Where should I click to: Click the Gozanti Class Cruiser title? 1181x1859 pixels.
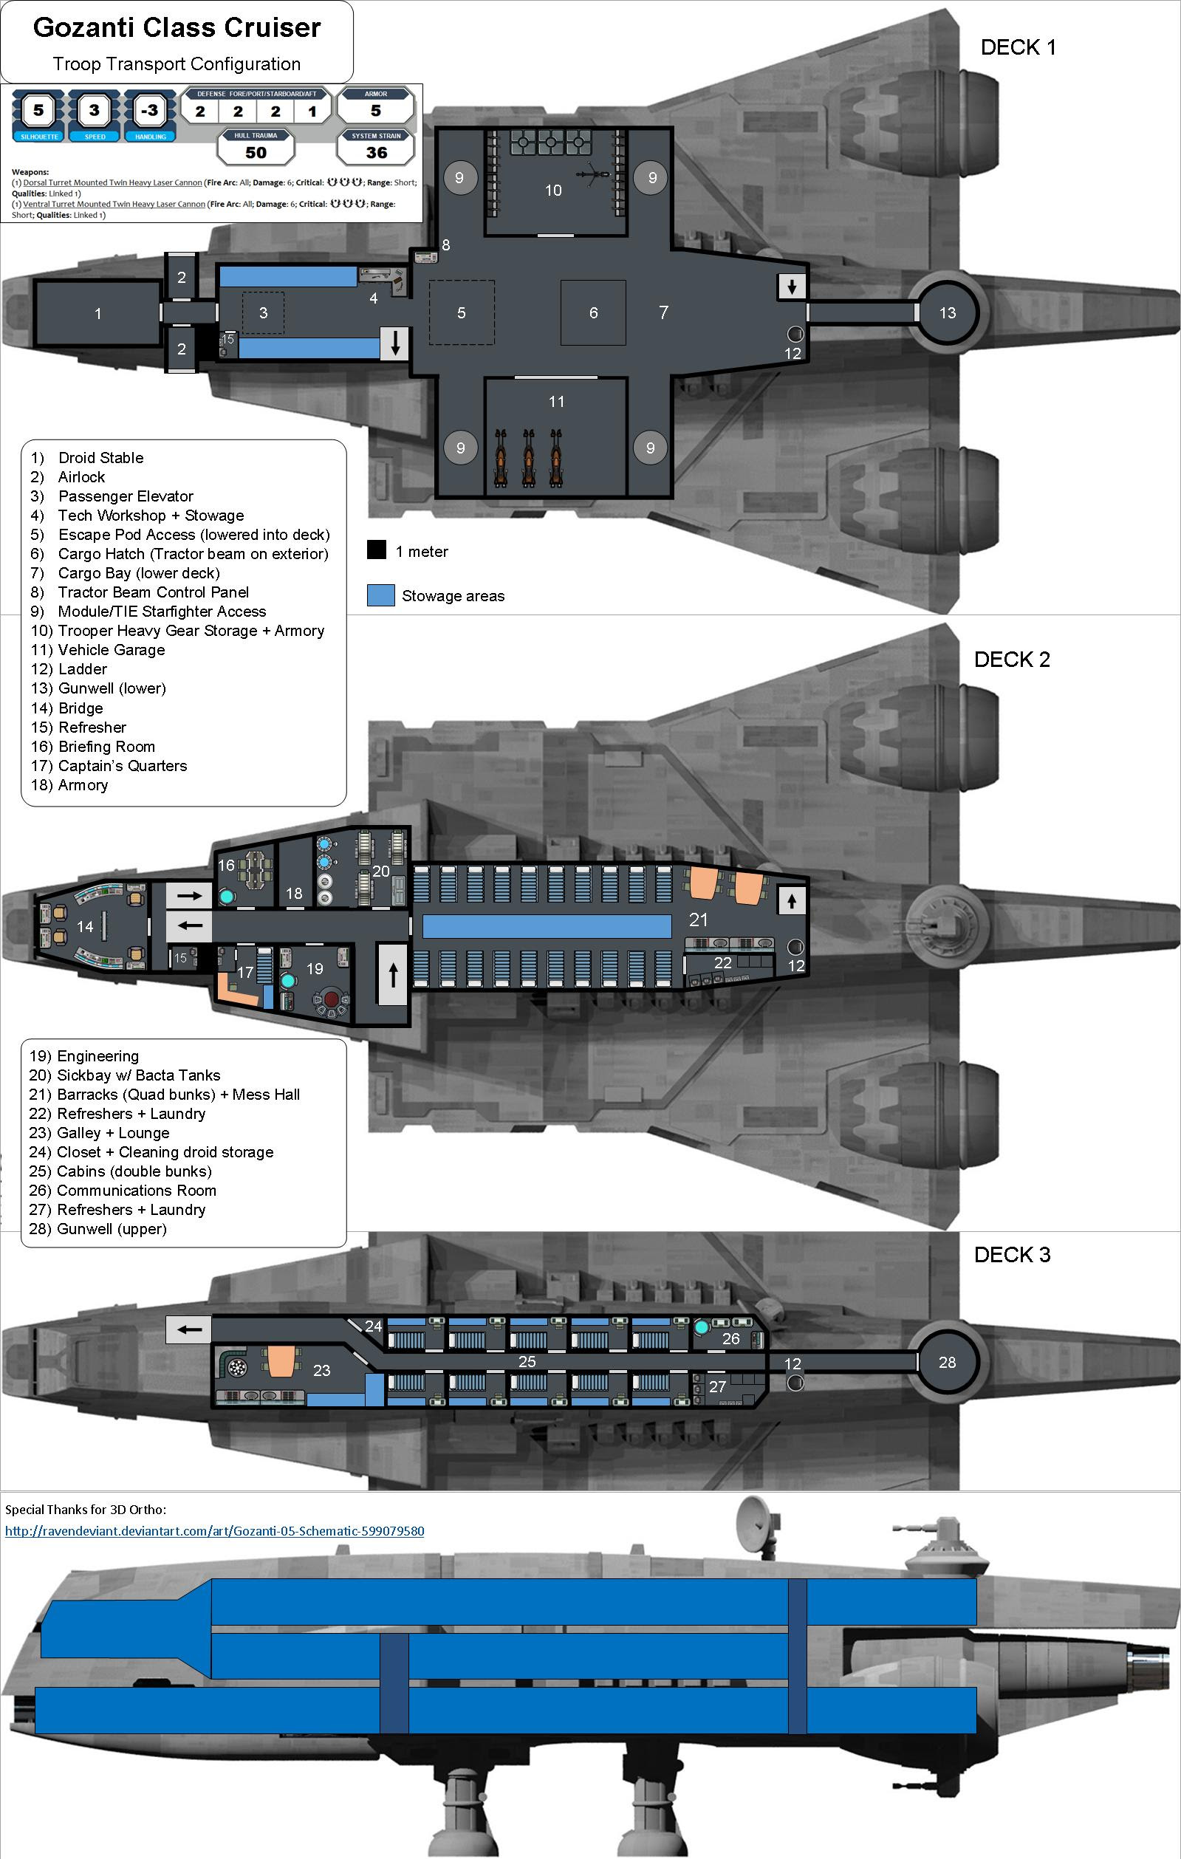pyautogui.click(x=177, y=28)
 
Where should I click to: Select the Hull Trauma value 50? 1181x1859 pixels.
pyautogui.click(x=256, y=152)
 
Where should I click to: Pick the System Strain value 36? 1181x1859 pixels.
pyautogui.click(x=376, y=152)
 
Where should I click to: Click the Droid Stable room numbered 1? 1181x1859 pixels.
pyautogui.click(x=97, y=312)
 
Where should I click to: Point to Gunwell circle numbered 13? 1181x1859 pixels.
pyautogui.click(x=947, y=312)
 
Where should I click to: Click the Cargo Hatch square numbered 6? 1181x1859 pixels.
pyautogui.click(x=593, y=312)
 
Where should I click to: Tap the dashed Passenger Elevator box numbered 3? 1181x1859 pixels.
pyautogui.click(x=263, y=312)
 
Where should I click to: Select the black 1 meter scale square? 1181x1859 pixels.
pyautogui.click(x=376, y=550)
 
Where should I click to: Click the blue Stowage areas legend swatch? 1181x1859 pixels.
pyautogui.click(x=380, y=595)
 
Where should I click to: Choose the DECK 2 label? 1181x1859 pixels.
pyautogui.click(x=1011, y=660)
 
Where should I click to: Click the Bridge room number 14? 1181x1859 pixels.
pyautogui.click(x=85, y=926)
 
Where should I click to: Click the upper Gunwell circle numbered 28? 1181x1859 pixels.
pyautogui.click(x=947, y=1363)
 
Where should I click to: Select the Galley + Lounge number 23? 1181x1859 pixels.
pyautogui.click(x=322, y=1370)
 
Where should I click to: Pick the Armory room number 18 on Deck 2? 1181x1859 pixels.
pyautogui.click(x=294, y=893)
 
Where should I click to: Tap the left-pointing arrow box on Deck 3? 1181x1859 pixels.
pyautogui.click(x=189, y=1329)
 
